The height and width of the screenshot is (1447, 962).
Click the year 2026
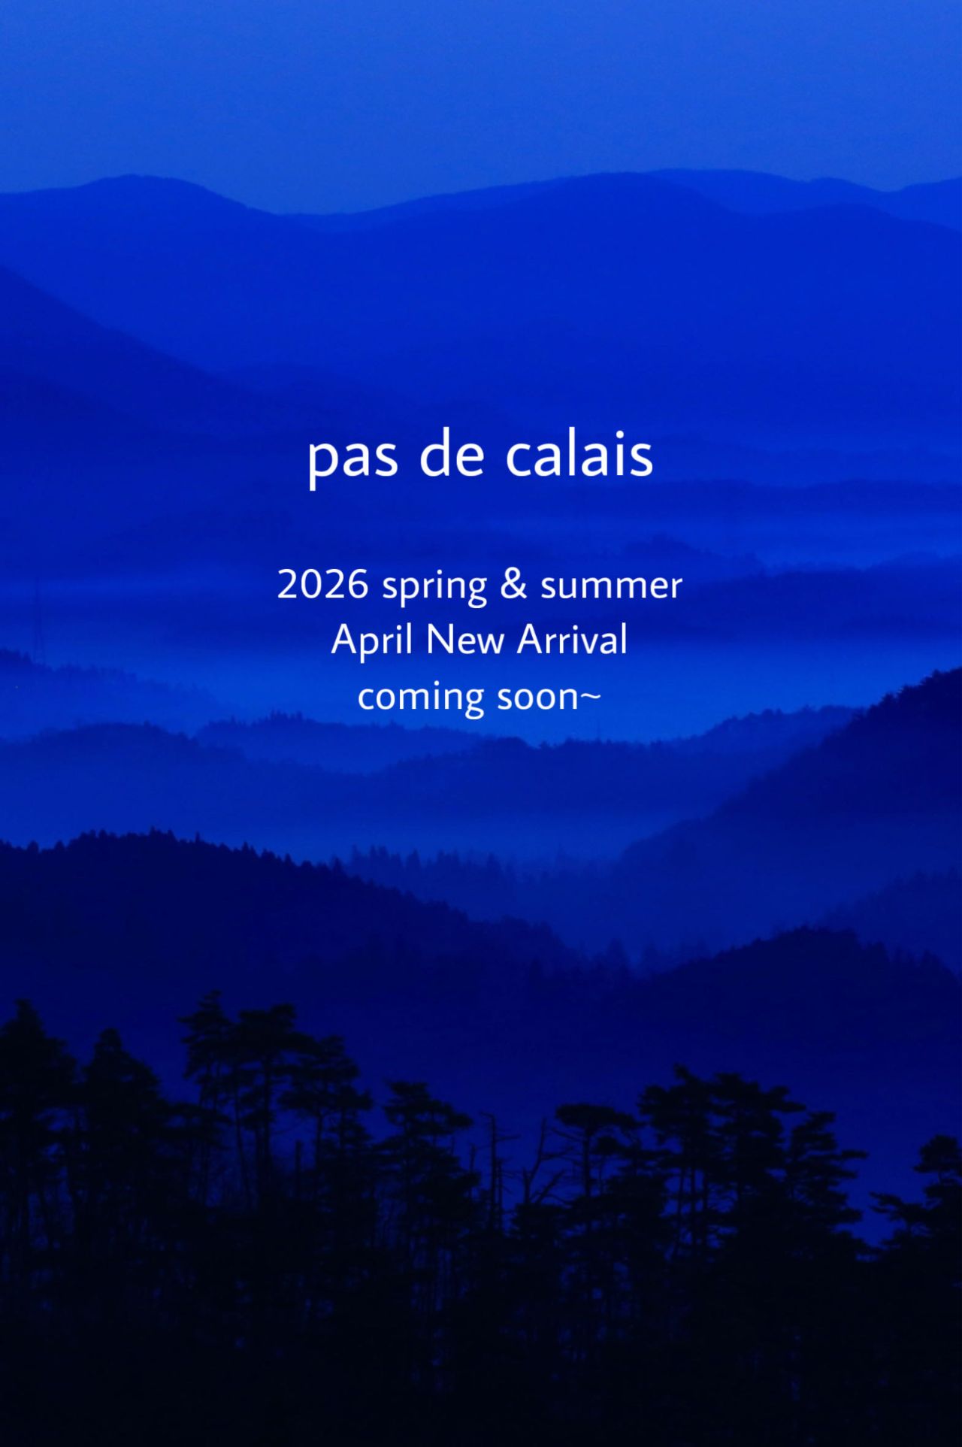point(322,583)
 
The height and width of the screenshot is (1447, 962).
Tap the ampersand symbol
point(513,584)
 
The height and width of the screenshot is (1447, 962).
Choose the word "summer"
point(611,587)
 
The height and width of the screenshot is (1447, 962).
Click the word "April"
point(372,641)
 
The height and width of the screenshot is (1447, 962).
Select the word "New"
point(464,640)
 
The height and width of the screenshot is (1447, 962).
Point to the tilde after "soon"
point(590,697)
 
